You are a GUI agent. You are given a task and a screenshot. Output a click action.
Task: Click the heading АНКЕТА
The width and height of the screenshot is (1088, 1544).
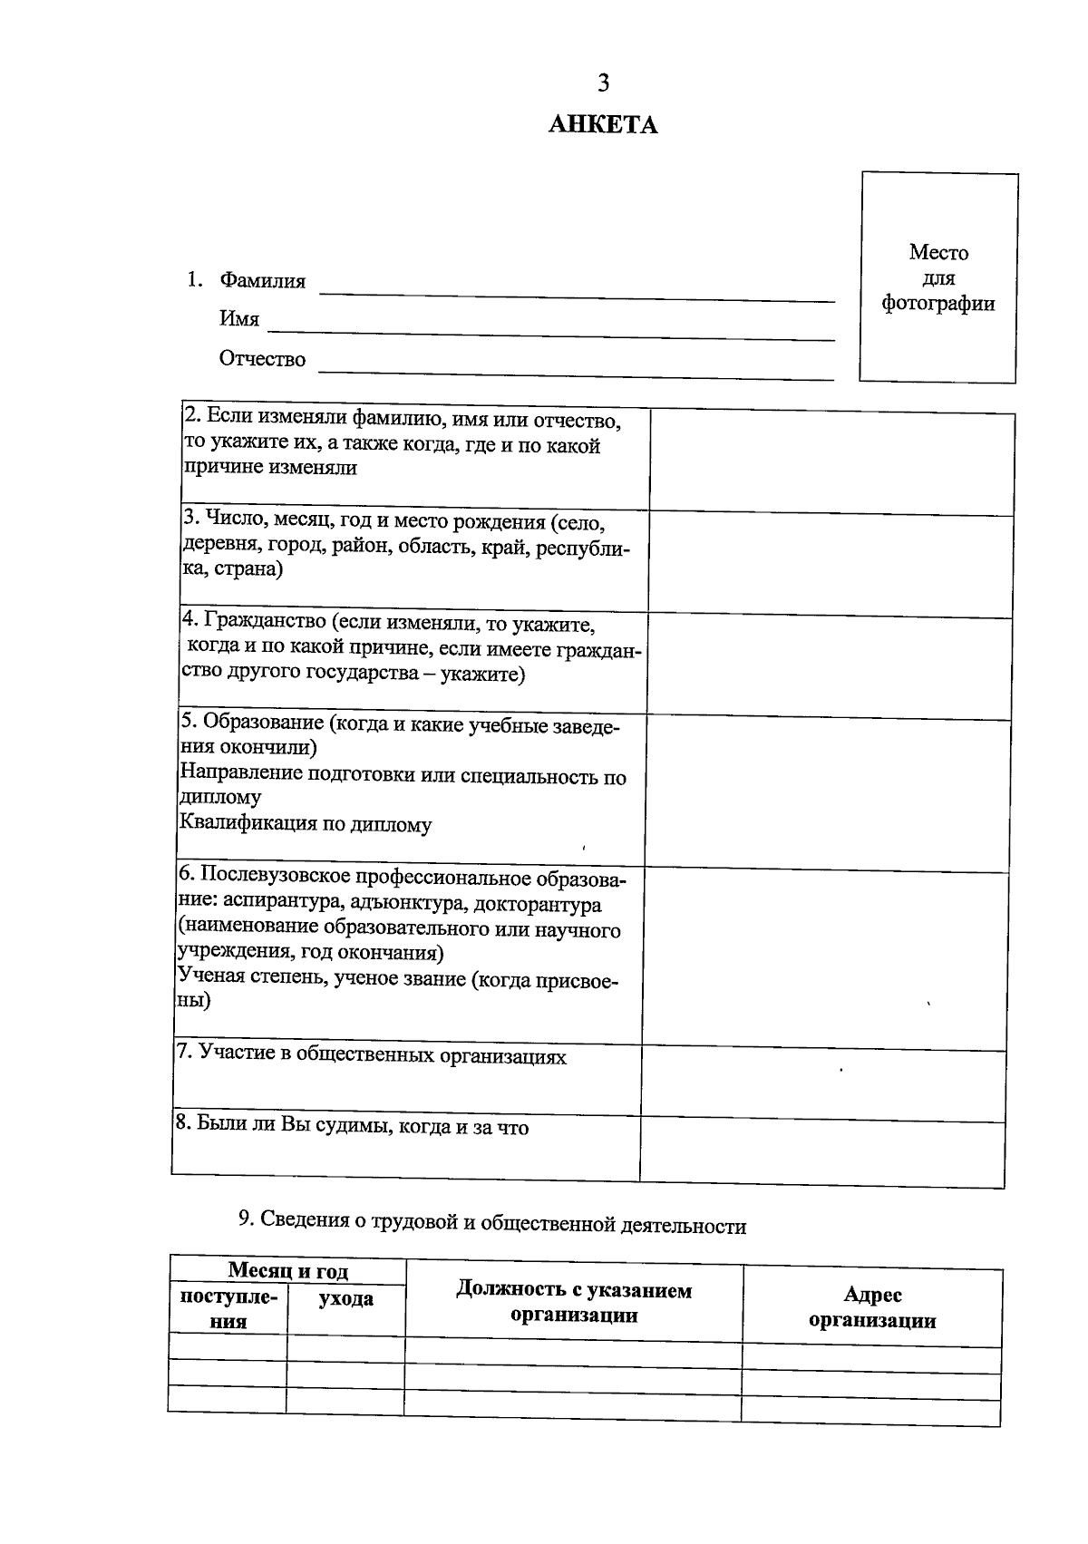(x=603, y=125)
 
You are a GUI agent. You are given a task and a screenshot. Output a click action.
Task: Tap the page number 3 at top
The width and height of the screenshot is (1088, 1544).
(x=603, y=83)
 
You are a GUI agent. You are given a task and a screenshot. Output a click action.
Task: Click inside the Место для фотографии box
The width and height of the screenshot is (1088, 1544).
(x=938, y=277)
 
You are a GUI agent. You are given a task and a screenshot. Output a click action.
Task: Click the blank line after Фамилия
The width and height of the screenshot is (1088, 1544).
(x=577, y=292)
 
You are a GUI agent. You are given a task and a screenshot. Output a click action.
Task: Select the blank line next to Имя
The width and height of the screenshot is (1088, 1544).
(x=549, y=331)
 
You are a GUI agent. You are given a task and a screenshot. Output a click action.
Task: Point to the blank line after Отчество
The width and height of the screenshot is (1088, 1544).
(x=577, y=370)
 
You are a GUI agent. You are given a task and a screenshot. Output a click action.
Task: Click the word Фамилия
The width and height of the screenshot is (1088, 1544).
(x=262, y=281)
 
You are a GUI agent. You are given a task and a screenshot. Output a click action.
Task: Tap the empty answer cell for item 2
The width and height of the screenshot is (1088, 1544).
(x=831, y=462)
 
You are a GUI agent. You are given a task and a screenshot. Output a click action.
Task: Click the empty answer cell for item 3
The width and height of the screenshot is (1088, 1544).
(x=831, y=563)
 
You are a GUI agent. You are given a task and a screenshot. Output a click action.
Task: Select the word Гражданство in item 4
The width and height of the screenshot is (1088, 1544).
(x=265, y=622)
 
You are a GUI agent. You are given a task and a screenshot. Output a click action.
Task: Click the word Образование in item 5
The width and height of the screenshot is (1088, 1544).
(x=262, y=723)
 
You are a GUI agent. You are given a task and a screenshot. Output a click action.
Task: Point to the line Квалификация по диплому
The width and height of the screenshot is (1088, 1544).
(x=306, y=824)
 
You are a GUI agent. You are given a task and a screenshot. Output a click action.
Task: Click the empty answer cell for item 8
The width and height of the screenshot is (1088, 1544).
(x=821, y=1151)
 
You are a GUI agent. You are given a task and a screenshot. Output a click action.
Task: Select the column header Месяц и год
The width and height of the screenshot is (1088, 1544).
(x=287, y=1271)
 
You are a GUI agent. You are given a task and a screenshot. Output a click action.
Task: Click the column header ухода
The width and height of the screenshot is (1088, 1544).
(x=345, y=1298)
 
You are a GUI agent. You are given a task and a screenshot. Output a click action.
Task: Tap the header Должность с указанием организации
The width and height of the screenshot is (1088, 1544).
(x=574, y=1302)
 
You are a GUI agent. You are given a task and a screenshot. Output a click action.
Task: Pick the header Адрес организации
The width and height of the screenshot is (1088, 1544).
(x=872, y=1307)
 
